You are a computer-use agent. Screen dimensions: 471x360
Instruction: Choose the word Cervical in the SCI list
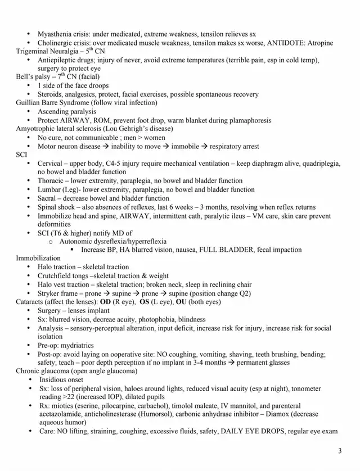click(51, 164)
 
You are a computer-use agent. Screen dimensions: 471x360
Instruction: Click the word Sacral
click(48, 198)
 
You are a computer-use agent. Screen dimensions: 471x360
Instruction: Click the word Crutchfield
click(56, 276)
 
